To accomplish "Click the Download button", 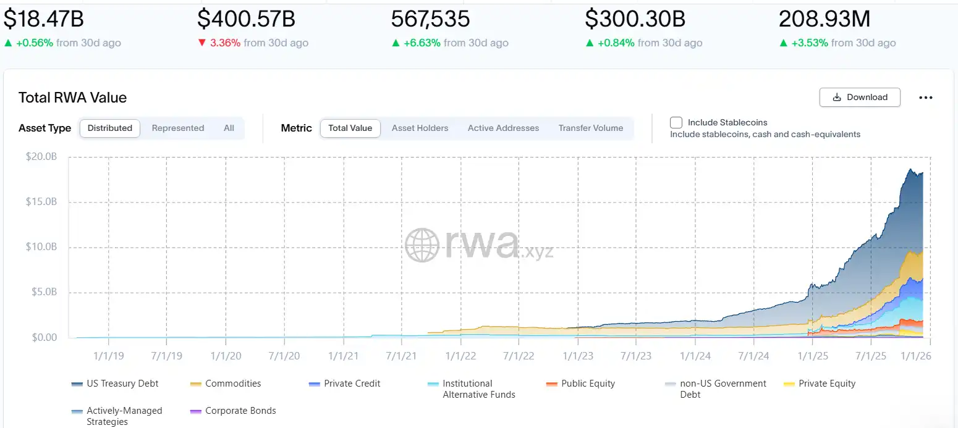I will click(860, 97).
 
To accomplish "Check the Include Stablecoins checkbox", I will click(676, 122).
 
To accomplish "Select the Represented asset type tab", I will click(177, 128).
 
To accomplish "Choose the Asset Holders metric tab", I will click(420, 128).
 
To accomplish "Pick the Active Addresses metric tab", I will click(503, 128).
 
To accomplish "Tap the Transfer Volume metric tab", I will click(590, 128).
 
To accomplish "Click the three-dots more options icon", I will click(925, 98).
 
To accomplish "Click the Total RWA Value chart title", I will click(72, 98).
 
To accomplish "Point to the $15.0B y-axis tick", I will click(41, 202).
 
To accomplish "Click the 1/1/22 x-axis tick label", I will click(460, 356).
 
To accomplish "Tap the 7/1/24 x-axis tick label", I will click(753, 356).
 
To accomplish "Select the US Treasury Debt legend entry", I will click(122, 384).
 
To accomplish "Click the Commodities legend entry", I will click(233, 384).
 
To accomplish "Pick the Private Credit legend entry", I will click(352, 384).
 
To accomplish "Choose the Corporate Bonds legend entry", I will click(240, 411).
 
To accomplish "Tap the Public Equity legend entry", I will click(588, 384).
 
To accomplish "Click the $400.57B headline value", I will click(246, 20).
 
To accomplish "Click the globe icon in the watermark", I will click(422, 245).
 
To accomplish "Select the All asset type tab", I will click(229, 128).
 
